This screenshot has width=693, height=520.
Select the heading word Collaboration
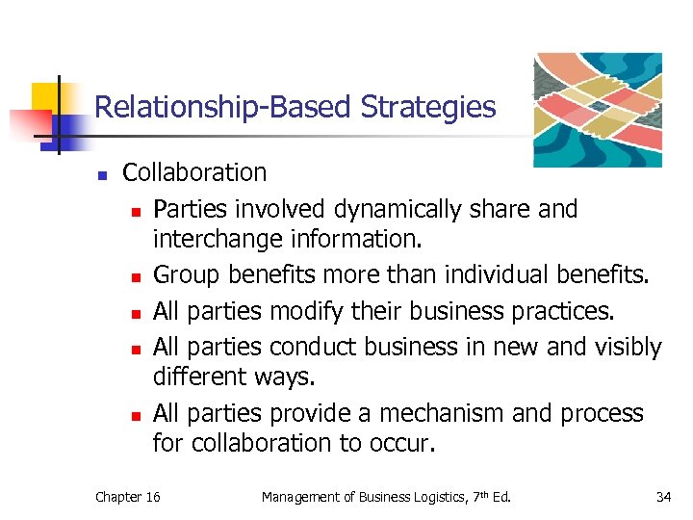click(x=194, y=173)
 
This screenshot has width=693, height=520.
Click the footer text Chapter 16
click(x=128, y=497)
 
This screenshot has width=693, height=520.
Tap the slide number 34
click(x=663, y=497)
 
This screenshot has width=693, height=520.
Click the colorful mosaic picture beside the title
click(x=598, y=109)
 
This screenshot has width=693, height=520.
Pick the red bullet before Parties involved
click(x=137, y=212)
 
